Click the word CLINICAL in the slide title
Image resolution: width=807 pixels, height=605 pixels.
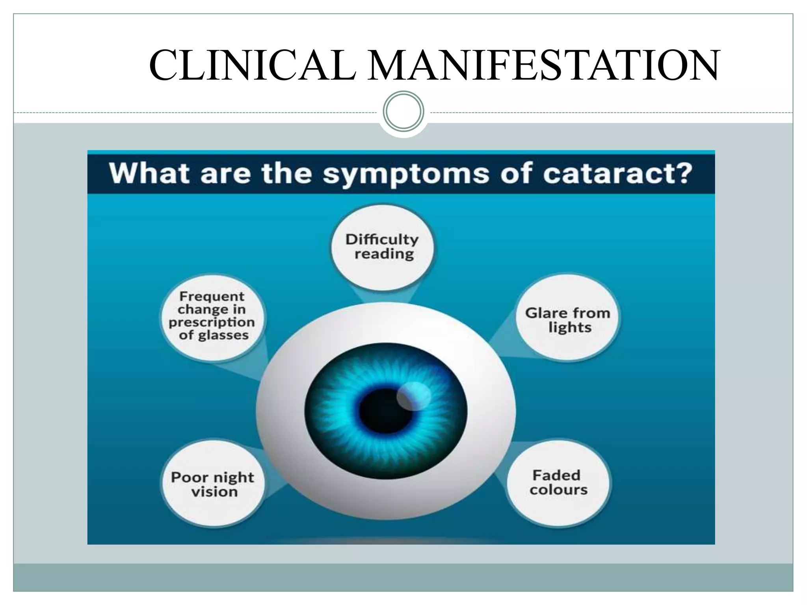click(x=253, y=65)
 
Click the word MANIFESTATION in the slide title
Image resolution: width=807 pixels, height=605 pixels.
click(x=544, y=65)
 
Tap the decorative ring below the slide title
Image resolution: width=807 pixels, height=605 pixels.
click(x=403, y=111)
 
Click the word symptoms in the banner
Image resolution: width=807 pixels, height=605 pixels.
click(x=406, y=174)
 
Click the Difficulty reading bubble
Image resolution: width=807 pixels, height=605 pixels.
click(x=382, y=247)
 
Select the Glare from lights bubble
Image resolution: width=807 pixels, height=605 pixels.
click(x=567, y=318)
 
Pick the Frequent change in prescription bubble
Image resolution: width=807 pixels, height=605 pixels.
click(x=213, y=317)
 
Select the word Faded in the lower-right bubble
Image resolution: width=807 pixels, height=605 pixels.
click(x=556, y=475)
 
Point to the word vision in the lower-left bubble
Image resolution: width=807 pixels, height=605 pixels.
click(x=215, y=492)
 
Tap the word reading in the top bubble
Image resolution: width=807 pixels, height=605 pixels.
click(x=384, y=254)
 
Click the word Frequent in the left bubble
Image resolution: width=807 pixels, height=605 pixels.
click(x=212, y=296)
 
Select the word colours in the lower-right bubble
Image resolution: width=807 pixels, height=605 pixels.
click(x=558, y=490)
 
